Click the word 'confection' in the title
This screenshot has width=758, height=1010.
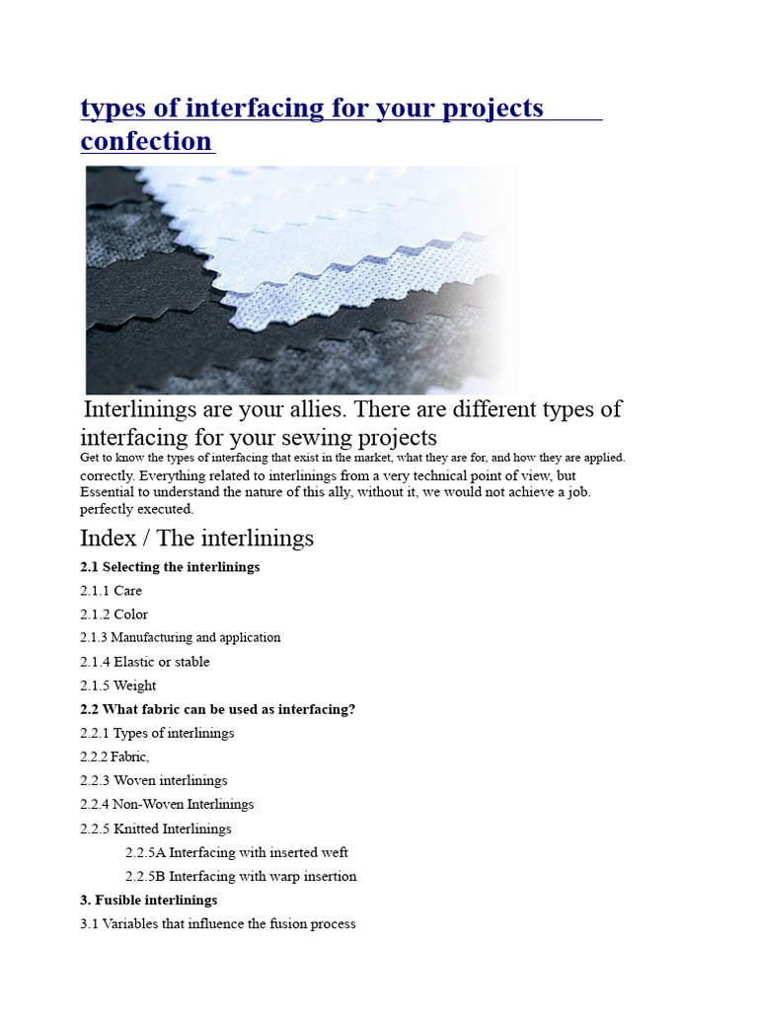pyautogui.click(x=145, y=141)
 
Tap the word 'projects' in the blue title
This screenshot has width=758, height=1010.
pyautogui.click(x=490, y=108)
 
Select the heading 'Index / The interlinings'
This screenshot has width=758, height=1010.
pyautogui.click(x=196, y=538)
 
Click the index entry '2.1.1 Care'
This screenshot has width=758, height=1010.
pyautogui.click(x=112, y=591)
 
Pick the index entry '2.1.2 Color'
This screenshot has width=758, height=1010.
pyautogui.click(x=114, y=614)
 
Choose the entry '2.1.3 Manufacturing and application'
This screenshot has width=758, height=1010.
pyautogui.click(x=181, y=638)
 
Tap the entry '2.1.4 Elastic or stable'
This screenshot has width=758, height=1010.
pyautogui.click(x=145, y=662)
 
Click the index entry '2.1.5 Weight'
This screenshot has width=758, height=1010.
pyautogui.click(x=118, y=685)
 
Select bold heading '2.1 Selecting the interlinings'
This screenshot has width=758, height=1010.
pyautogui.click(x=170, y=567)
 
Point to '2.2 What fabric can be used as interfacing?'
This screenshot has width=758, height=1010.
pyautogui.click(x=217, y=709)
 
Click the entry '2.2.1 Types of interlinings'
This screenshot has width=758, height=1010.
pyautogui.click(x=157, y=733)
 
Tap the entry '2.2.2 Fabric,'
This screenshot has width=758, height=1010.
pyautogui.click(x=114, y=757)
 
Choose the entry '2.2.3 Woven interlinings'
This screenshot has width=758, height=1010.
pyautogui.click(x=154, y=780)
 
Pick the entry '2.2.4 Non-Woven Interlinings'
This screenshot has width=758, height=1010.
pyautogui.click(x=167, y=804)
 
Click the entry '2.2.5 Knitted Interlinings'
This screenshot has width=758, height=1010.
pyautogui.click(x=156, y=829)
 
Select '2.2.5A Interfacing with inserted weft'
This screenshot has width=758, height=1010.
pyautogui.click(x=237, y=852)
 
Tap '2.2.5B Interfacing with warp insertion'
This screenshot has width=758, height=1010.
pyautogui.click(x=241, y=876)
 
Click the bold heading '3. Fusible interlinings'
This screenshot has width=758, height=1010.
pyautogui.click(x=149, y=900)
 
